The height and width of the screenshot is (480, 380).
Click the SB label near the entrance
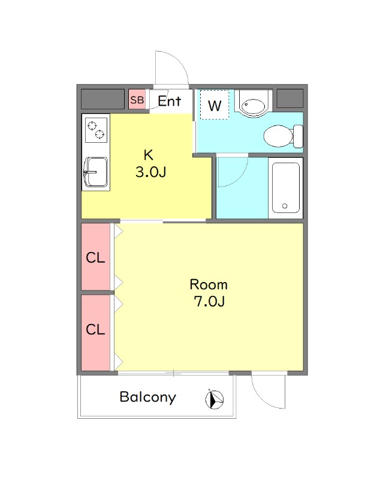[137, 100]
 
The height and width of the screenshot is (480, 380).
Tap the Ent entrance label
[170, 101]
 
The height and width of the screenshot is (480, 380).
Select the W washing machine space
[215, 105]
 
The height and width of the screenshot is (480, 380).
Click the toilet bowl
[279, 136]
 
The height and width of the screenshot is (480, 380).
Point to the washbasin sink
[253, 106]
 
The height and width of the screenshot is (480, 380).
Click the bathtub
[285, 187]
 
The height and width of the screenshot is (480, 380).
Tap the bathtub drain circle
[285, 206]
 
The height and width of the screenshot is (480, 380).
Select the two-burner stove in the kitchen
[96, 130]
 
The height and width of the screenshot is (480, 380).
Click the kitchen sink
[96, 172]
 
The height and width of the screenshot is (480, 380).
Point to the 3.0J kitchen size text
[150, 172]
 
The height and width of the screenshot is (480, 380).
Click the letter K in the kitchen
[149, 155]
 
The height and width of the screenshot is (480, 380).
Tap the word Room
[209, 284]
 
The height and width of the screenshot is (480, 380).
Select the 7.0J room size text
[209, 302]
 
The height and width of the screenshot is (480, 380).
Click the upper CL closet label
[95, 257]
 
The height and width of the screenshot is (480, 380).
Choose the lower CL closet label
[95, 329]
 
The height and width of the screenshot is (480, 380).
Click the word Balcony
[147, 397]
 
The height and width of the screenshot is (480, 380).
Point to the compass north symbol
[215, 399]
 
